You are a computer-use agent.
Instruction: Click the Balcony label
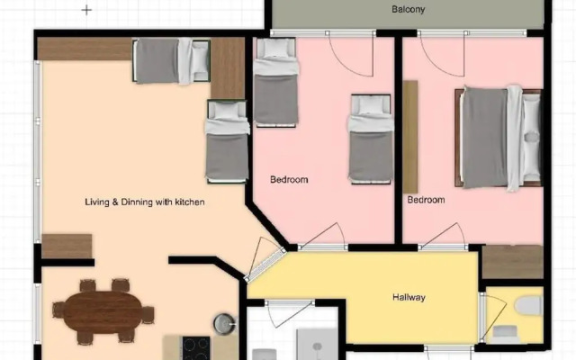coord(408,10)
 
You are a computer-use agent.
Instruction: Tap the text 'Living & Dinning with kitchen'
coord(132,202)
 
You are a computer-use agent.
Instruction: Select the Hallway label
coord(408,298)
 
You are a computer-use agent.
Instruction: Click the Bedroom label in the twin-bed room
coord(289,180)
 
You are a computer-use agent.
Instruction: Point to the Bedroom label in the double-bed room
coord(426,200)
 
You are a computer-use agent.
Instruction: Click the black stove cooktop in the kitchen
coord(196,347)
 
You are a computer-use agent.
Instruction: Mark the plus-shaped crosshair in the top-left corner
coord(86,10)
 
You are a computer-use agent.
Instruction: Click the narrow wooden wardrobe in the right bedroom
coord(410,137)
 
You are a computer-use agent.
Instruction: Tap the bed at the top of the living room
coord(171,61)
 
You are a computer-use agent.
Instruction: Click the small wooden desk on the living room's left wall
coord(67,246)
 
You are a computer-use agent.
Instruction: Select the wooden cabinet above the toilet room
coord(511,261)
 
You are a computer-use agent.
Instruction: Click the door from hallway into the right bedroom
coord(442,237)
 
